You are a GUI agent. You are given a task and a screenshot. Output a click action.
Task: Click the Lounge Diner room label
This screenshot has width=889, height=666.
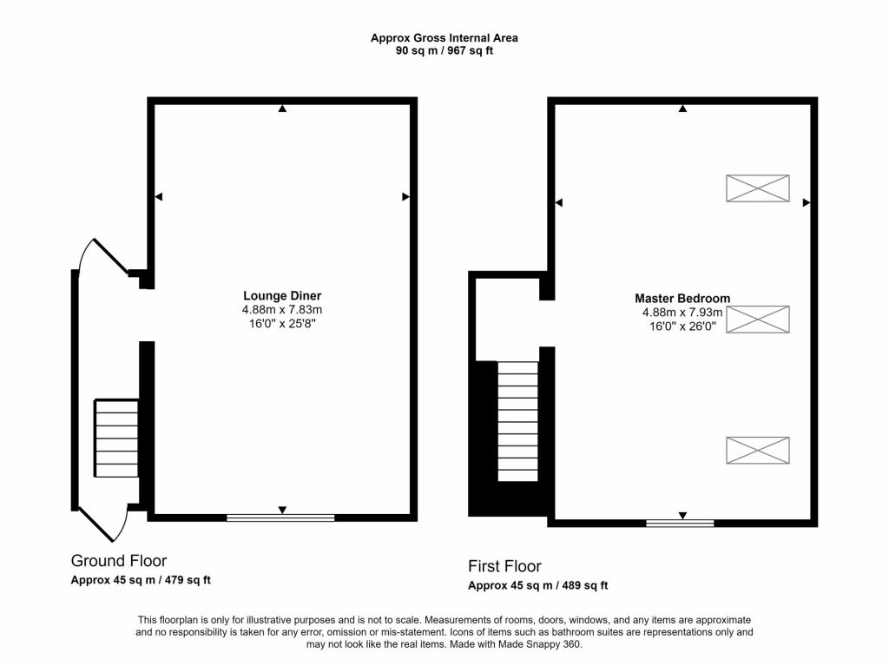pos(282,295)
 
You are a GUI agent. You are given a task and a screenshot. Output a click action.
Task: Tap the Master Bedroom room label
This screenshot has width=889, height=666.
pos(682,298)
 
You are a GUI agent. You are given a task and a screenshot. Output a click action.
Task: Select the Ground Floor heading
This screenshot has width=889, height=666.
pos(119,561)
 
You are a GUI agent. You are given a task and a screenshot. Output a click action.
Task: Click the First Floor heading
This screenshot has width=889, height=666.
pos(504,566)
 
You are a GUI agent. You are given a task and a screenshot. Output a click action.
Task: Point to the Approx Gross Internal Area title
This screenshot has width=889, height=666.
pos(444,37)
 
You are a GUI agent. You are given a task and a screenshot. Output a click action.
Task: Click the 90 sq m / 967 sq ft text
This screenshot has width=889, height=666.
pos(444,50)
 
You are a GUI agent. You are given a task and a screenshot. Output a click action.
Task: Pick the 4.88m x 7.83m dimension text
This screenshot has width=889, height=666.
pos(282,310)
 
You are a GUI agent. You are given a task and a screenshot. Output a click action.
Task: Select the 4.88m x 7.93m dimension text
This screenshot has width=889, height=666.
pos(682,313)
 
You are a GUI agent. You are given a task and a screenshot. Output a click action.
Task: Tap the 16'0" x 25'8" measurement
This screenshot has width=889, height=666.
pos(282,324)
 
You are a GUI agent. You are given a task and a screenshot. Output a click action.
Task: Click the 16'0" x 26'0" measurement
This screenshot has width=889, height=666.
pos(682,326)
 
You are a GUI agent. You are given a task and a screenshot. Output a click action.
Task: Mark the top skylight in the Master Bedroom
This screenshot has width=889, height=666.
pos(757,188)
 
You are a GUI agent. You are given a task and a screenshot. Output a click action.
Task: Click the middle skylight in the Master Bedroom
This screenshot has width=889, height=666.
pos(757,319)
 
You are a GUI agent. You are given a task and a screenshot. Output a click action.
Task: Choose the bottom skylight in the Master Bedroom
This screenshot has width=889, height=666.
pos(757,450)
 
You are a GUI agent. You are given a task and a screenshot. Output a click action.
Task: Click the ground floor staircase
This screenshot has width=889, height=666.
pos(116,438)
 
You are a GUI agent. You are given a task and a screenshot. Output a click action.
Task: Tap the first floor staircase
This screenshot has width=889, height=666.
pos(518,420)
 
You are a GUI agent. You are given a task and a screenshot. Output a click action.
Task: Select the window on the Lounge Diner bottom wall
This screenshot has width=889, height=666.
pos(280,518)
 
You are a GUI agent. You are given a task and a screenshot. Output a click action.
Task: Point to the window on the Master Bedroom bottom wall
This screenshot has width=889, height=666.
pos(680,523)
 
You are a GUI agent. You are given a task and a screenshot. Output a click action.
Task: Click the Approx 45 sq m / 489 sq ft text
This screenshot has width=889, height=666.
pos(537,585)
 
